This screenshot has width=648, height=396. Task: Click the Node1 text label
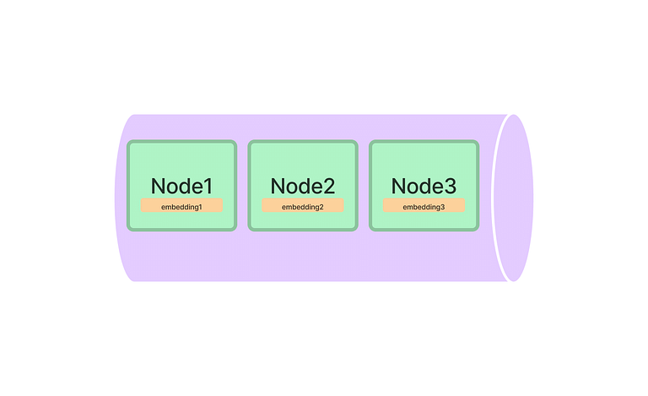(x=182, y=186)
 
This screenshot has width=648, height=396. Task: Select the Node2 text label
(x=303, y=186)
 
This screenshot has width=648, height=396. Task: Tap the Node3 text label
(x=424, y=186)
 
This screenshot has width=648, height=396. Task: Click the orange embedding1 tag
(x=182, y=205)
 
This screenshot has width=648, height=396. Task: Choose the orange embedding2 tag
(x=303, y=205)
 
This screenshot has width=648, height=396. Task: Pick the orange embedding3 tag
(x=424, y=205)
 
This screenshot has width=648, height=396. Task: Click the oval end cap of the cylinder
(x=513, y=198)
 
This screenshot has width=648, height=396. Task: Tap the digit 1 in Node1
(x=208, y=186)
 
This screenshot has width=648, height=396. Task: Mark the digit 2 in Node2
(x=329, y=186)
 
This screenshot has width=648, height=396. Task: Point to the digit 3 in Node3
(x=451, y=186)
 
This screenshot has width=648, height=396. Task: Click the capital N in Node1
(x=158, y=186)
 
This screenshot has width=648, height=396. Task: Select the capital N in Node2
(x=278, y=186)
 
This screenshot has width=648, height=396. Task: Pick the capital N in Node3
(x=398, y=186)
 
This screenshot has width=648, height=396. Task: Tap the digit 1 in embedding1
(x=200, y=207)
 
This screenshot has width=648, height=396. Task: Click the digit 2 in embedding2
(x=321, y=207)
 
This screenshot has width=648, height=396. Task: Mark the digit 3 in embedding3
(x=442, y=207)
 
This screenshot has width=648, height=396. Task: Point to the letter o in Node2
(x=293, y=188)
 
